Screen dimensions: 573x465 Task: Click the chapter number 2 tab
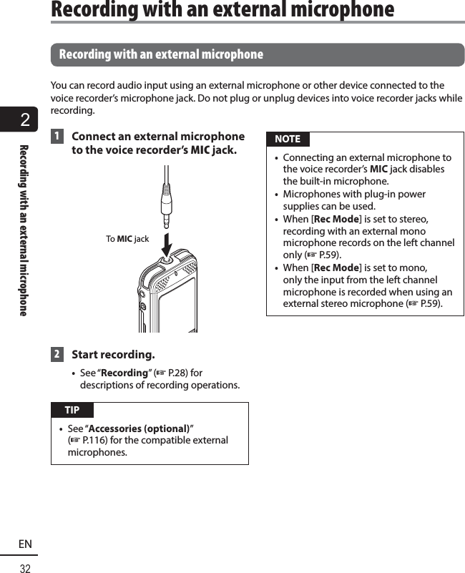pyautogui.click(x=25, y=120)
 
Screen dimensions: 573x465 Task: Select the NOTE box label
pyautogui.click(x=288, y=139)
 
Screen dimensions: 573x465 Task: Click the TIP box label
pyautogui.click(x=72, y=410)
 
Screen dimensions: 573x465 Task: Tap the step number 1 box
pyautogui.click(x=56, y=137)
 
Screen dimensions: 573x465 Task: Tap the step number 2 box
pyautogui.click(x=56, y=355)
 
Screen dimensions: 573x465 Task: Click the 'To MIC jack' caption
pyautogui.click(x=127, y=238)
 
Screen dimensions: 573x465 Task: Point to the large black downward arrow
pyautogui.click(x=166, y=241)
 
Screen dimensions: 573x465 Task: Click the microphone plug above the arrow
pyautogui.click(x=166, y=201)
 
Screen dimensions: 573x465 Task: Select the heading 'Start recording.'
pyautogui.click(x=113, y=355)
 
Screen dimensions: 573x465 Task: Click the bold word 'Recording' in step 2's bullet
pyautogui.click(x=124, y=373)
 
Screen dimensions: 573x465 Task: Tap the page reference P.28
pyautogui.click(x=177, y=373)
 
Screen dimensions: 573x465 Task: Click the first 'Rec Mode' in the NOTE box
pyautogui.click(x=337, y=219)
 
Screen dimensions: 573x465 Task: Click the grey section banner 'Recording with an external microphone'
pyautogui.click(x=258, y=54)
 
